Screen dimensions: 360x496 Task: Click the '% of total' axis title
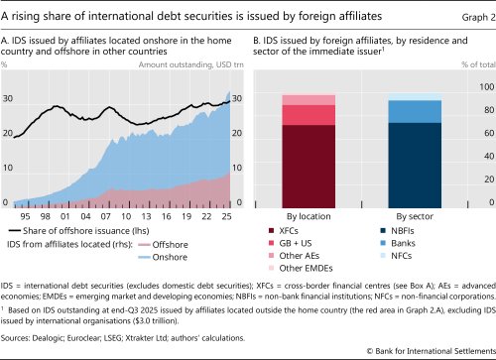click(464, 64)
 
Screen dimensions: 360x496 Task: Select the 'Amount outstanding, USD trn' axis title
click(191, 64)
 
